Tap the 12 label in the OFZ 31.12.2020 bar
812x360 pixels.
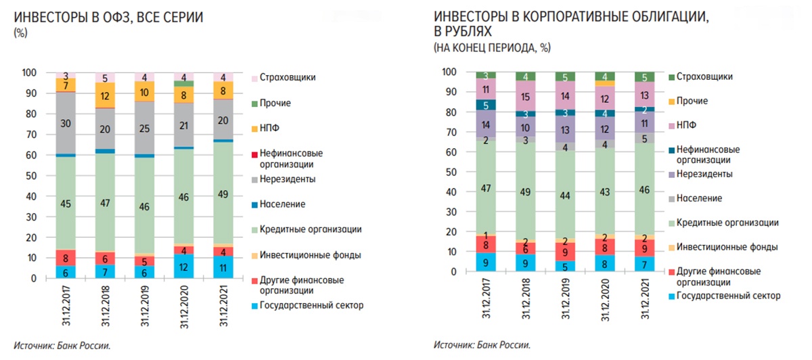click(x=184, y=267)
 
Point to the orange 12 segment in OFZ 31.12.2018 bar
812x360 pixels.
click(x=106, y=96)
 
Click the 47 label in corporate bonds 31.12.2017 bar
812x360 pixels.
click(x=486, y=188)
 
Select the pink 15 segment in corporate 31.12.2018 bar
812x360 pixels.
click(x=525, y=96)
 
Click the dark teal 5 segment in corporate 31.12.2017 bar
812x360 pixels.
click(x=486, y=105)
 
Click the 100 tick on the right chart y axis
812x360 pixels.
click(x=449, y=72)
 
